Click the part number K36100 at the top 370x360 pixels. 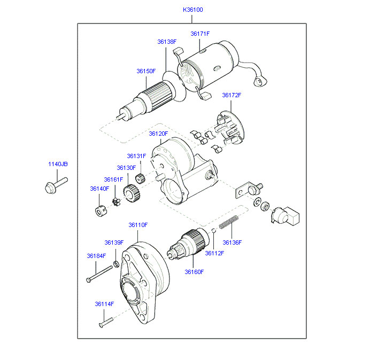pyautogui.click(x=193, y=10)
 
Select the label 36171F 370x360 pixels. pyautogui.click(x=200, y=34)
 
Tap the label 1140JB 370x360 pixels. pyautogui.click(x=58, y=164)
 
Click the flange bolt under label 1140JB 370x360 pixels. pyautogui.click(x=56, y=185)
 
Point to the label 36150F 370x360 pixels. pyautogui.click(x=146, y=71)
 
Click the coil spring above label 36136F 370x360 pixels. pyautogui.click(x=228, y=222)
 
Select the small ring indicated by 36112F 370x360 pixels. pyautogui.click(x=213, y=230)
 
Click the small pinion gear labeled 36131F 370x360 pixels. pyautogui.click(x=140, y=178)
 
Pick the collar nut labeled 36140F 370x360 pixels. pyautogui.click(x=101, y=211)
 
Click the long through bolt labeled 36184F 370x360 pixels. pyautogui.click(x=99, y=273)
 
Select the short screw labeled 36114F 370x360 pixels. pyautogui.click(x=106, y=322)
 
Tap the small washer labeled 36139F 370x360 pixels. pyautogui.click(x=116, y=264)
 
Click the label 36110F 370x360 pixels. pyautogui.click(x=138, y=225)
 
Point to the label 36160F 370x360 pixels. pyautogui.click(x=194, y=272)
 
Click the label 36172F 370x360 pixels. pyautogui.click(x=232, y=95)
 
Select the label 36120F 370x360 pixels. pyautogui.click(x=158, y=134)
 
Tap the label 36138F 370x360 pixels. pyautogui.click(x=167, y=42)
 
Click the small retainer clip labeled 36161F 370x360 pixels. pyautogui.click(x=116, y=202)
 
